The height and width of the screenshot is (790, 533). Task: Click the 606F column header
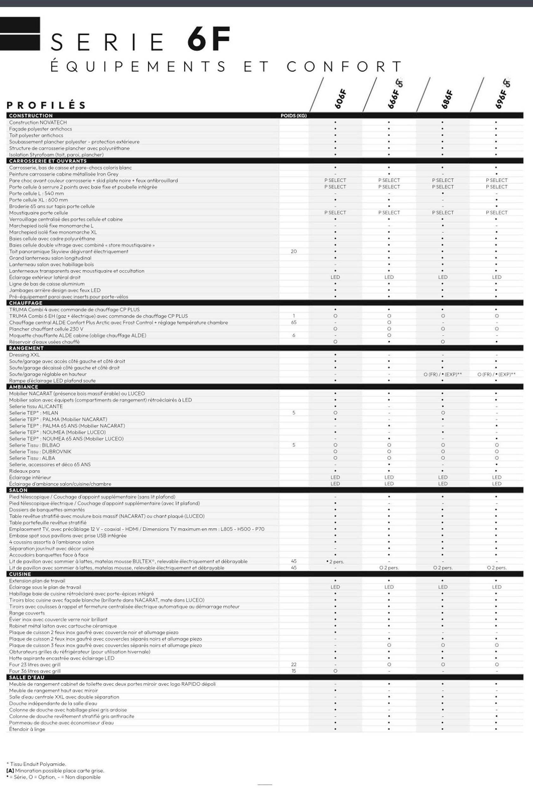(x=340, y=99)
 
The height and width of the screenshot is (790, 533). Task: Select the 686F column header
(x=447, y=99)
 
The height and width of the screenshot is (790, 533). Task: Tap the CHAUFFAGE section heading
(x=26, y=303)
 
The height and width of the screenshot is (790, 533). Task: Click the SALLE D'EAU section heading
(x=27, y=677)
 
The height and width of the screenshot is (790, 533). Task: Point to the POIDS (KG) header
(x=293, y=116)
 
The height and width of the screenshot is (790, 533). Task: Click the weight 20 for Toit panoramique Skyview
(x=294, y=252)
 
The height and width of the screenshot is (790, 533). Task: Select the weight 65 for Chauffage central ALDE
(x=294, y=323)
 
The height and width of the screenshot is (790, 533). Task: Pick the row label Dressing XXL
(x=24, y=355)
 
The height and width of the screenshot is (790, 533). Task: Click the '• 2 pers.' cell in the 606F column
(x=335, y=562)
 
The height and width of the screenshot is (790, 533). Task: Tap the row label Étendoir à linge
(x=27, y=729)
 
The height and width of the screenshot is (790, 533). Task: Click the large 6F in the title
(x=209, y=40)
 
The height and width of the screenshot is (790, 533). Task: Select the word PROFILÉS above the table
(x=46, y=105)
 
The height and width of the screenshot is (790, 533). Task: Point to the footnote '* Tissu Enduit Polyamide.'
(x=36, y=764)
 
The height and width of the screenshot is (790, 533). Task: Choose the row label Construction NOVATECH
(x=38, y=123)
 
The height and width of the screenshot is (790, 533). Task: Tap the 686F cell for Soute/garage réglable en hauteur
(x=443, y=374)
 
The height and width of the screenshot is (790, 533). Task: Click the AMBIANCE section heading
(x=24, y=387)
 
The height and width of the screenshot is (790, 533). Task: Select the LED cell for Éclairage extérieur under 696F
(x=497, y=277)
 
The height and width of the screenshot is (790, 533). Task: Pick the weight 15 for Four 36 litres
(x=294, y=671)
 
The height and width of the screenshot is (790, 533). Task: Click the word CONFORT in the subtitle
(x=344, y=67)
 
